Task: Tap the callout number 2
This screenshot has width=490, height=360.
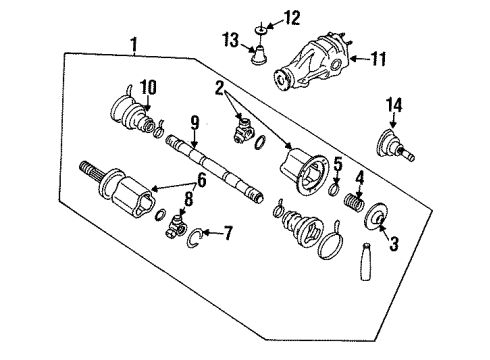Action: pyautogui.click(x=219, y=88)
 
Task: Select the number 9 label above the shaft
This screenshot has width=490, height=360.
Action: pyautogui.click(x=195, y=123)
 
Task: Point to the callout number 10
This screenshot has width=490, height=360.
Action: pyautogui.click(x=148, y=87)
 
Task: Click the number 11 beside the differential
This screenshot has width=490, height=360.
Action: pyautogui.click(x=378, y=59)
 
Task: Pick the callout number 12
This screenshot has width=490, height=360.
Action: pyautogui.click(x=292, y=18)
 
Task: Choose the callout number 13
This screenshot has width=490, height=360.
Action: pyautogui.click(x=231, y=41)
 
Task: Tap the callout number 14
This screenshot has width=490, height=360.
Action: pyautogui.click(x=394, y=105)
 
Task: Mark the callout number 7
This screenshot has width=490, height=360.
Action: pyautogui.click(x=228, y=233)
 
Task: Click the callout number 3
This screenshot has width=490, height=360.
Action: pyautogui.click(x=394, y=243)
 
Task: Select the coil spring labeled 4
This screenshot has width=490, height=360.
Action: pyautogui.click(x=354, y=202)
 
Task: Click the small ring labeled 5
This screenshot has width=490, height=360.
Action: pyautogui.click(x=334, y=189)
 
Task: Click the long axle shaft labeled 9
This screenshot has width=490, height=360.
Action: pyautogui.click(x=215, y=168)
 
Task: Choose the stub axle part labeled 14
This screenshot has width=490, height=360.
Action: pyautogui.click(x=395, y=145)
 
